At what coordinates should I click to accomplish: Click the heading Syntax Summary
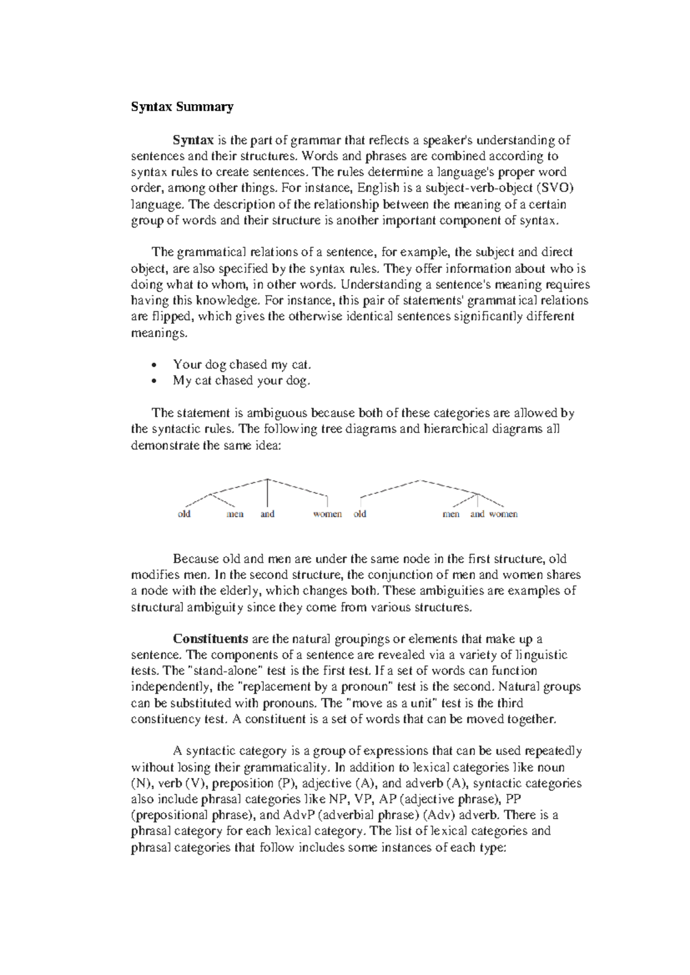point(182,107)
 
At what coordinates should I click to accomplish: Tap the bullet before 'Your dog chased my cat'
point(153,365)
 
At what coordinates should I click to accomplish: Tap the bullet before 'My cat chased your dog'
point(153,381)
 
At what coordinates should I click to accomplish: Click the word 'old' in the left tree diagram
point(184,514)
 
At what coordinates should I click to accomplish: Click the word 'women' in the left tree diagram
point(327,514)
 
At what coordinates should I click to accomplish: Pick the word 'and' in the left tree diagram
point(267,514)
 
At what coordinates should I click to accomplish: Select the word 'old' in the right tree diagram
point(360,514)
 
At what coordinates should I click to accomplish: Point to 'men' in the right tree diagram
point(451,514)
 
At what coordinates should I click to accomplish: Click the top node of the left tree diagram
point(268,479)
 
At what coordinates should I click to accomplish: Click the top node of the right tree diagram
point(421,480)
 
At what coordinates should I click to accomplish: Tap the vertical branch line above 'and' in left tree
point(268,493)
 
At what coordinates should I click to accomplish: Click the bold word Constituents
point(210,639)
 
